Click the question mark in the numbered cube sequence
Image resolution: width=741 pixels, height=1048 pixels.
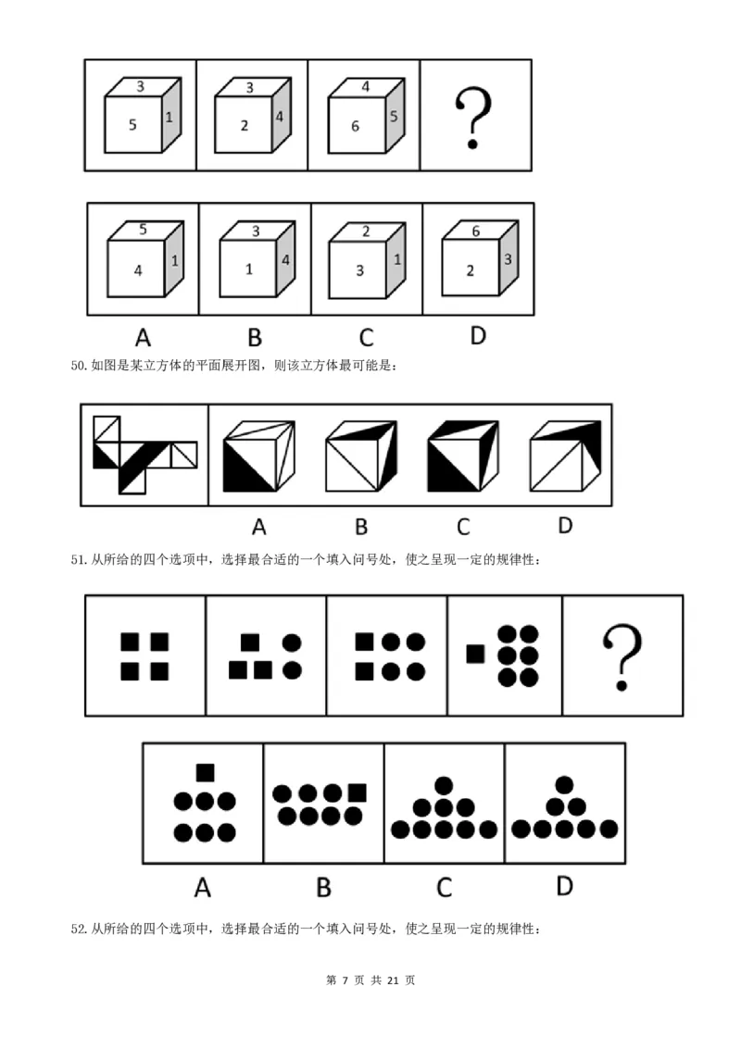[x=472, y=119]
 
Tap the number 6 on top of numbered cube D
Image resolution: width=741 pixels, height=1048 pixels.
[x=475, y=231]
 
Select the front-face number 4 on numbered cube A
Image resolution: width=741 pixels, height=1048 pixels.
[x=138, y=270]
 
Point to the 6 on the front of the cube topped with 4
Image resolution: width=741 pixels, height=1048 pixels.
[x=355, y=126]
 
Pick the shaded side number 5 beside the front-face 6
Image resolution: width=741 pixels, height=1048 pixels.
[x=394, y=117]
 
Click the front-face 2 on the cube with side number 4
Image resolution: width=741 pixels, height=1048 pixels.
[x=245, y=126]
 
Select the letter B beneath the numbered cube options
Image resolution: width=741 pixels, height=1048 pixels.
[x=255, y=338]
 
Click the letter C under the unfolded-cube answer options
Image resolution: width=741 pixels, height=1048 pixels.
[x=463, y=527]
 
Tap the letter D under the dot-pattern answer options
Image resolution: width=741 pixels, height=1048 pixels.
[x=564, y=886]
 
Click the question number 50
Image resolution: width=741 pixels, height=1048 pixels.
[x=78, y=366]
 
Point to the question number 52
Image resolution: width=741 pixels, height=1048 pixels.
[x=78, y=929]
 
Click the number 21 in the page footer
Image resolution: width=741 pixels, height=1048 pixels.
[x=393, y=980]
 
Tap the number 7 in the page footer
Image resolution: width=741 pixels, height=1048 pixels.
[x=345, y=980]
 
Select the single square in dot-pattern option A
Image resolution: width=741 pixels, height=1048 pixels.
[x=206, y=773]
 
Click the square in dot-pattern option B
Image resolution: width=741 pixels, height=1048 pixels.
[x=358, y=792]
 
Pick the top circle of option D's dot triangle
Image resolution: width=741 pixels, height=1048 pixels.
[x=564, y=785]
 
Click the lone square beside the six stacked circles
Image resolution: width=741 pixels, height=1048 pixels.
[x=475, y=654]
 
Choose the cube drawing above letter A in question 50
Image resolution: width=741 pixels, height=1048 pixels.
[x=258, y=455]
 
